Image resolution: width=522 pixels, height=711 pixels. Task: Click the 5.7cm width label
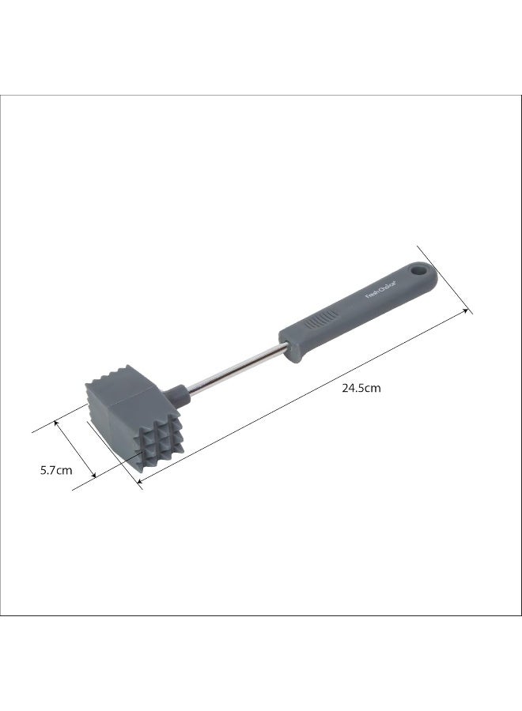pos(56,470)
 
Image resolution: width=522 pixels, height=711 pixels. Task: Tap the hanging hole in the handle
pos(420,273)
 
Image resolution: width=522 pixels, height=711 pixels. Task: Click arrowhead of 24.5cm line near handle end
pos(467,311)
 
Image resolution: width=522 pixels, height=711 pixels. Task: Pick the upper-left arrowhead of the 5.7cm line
pos(57,423)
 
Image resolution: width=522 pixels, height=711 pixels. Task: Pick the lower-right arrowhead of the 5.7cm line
pos(95,476)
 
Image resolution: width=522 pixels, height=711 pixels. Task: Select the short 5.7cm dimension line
pos(76,450)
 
